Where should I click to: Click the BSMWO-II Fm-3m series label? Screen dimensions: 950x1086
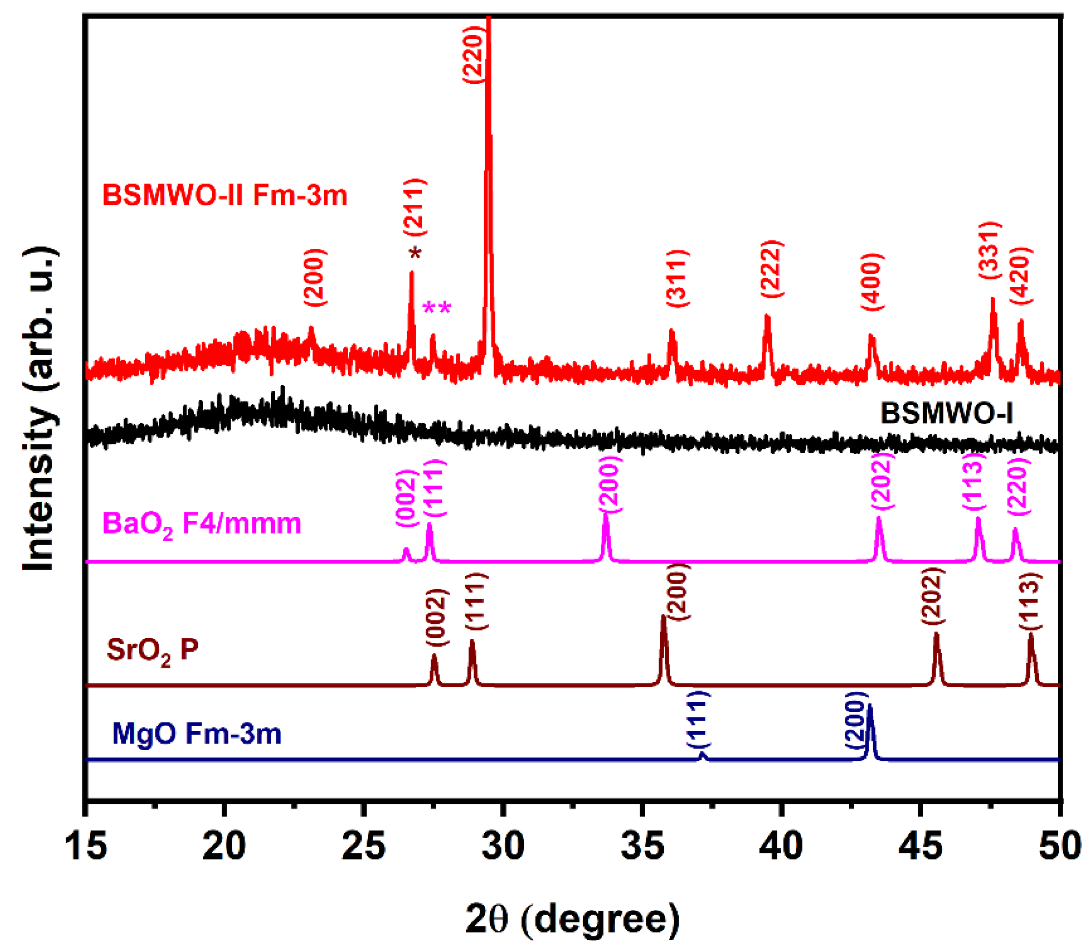(225, 195)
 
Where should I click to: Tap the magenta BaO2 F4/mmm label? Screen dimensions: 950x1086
(201, 524)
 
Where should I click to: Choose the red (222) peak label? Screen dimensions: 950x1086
(771, 269)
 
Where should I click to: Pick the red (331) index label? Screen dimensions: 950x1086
(988, 251)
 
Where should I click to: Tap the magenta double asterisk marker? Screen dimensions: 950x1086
(437, 308)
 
